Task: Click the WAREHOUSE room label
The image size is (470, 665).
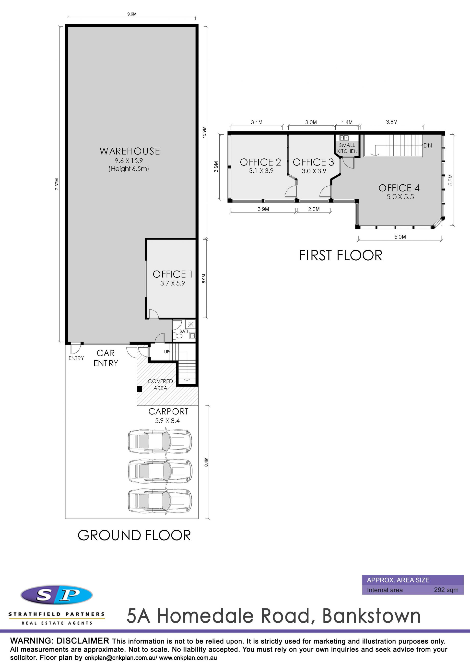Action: tap(130, 151)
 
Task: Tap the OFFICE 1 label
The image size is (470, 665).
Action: tap(173, 274)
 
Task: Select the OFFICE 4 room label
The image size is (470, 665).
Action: tap(399, 188)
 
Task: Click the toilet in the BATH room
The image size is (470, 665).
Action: tap(179, 336)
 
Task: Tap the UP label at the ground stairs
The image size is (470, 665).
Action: tap(166, 352)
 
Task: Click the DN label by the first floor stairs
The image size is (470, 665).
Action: tap(428, 145)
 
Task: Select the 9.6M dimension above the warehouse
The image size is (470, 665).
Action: tap(132, 14)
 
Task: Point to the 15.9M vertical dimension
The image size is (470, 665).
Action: tap(204, 132)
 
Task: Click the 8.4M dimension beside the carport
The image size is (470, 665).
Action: tap(206, 462)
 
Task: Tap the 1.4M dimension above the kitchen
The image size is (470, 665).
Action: tap(347, 122)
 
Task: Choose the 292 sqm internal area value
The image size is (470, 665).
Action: tap(446, 590)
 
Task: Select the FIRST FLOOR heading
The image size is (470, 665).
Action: tap(341, 255)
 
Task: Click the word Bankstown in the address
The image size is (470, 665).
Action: tap(372, 616)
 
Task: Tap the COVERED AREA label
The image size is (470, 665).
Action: tap(160, 385)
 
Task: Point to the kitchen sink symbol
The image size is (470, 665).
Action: tap(344, 138)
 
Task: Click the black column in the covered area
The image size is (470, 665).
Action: tap(139, 389)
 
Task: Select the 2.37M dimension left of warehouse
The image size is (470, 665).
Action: tap(57, 184)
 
